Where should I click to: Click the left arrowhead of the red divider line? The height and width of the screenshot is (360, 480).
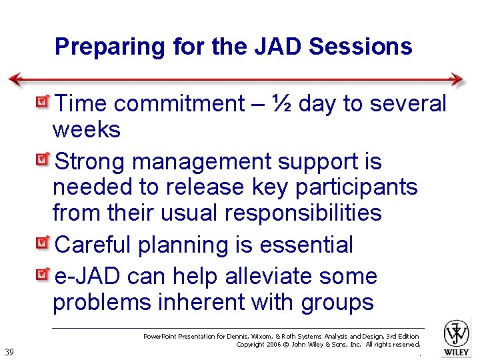(x=15, y=79)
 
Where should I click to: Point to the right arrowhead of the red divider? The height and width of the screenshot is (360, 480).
(x=458, y=79)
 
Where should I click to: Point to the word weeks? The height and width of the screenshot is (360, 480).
(x=87, y=130)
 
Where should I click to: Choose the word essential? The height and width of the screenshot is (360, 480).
(x=306, y=245)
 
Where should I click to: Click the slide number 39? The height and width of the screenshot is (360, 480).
(x=9, y=352)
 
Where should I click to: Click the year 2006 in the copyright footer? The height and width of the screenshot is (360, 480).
(x=273, y=345)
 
